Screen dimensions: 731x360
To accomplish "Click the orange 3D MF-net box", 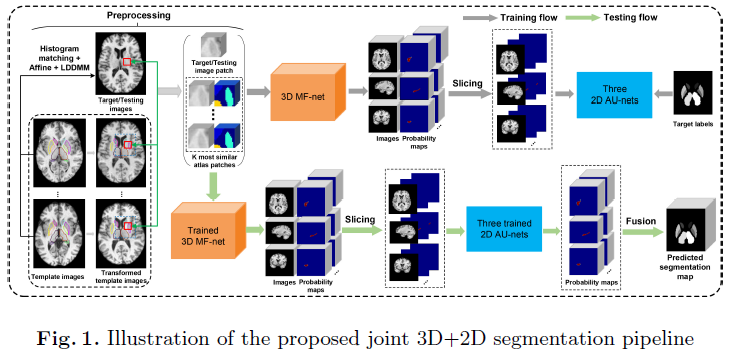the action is coord(308,93).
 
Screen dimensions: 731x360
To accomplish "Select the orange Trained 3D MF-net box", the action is coord(208,231).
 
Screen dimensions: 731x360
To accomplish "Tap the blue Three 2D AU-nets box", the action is coord(614,95).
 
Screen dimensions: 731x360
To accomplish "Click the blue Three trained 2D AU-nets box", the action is coord(504,228).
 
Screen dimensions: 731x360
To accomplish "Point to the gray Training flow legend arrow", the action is coord(479,18).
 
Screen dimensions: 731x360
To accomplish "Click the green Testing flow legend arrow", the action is coord(582,18).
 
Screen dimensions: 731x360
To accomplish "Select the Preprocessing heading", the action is coord(138,15).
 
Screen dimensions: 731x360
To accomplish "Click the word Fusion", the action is coord(640,220).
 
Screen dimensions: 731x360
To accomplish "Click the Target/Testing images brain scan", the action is coord(120,64).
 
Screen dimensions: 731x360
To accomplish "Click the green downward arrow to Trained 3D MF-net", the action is coord(214,187).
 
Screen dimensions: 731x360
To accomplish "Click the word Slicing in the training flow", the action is coord(468,83).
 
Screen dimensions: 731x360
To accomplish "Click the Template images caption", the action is coord(57,277).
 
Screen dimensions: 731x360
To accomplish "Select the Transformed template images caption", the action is coord(121,276).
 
